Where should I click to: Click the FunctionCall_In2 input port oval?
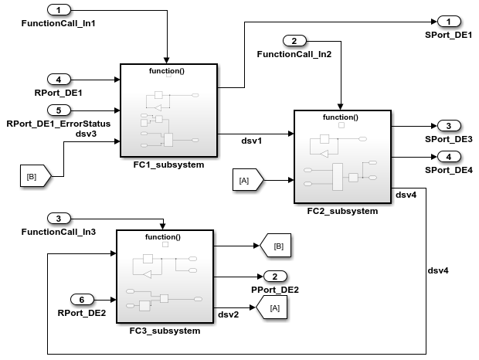(294, 40)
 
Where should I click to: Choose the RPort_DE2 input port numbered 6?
(82, 299)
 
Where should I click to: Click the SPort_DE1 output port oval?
(448, 22)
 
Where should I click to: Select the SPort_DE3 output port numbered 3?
(448, 125)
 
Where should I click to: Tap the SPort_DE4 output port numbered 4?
(448, 157)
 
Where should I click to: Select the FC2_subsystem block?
(342, 157)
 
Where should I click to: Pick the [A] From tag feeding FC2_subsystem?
(247, 181)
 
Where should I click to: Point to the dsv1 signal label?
(252, 141)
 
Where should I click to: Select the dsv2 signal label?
(228, 314)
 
